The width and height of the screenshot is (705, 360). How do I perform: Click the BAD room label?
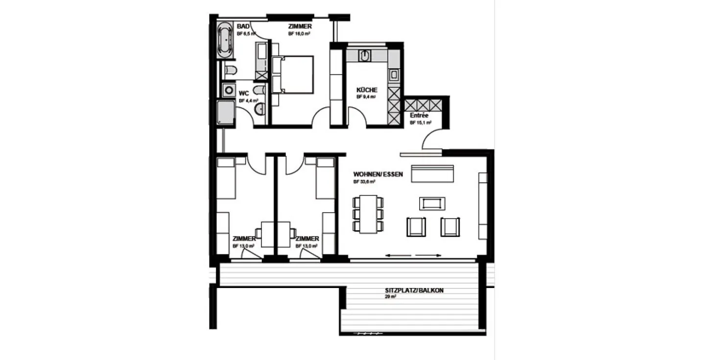coord(243,26)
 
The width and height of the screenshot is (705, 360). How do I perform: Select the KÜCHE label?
coord(367,90)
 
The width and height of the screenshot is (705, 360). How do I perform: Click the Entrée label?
coord(419,116)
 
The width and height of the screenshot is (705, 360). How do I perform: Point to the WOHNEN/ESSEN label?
coord(378,174)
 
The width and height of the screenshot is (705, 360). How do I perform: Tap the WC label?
coord(244,93)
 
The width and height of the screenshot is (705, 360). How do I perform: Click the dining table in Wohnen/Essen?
coord(368,214)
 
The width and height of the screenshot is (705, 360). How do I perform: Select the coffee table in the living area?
coord(432,203)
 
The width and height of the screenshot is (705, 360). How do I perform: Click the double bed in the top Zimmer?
coord(293,74)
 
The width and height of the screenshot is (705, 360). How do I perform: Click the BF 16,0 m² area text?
coord(300,34)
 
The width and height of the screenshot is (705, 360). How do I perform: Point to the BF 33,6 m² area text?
coord(364,182)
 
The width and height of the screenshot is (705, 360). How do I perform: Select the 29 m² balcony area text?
coord(390,297)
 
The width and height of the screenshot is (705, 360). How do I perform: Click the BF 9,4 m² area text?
coord(366,97)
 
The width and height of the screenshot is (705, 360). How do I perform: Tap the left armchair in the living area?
coord(416,227)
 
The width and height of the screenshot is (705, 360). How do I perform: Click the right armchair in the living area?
coord(450,227)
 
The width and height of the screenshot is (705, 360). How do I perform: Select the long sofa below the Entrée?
coord(432,173)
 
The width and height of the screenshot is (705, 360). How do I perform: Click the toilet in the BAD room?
coord(231,71)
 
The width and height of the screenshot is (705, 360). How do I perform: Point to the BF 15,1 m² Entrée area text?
coord(421,123)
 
